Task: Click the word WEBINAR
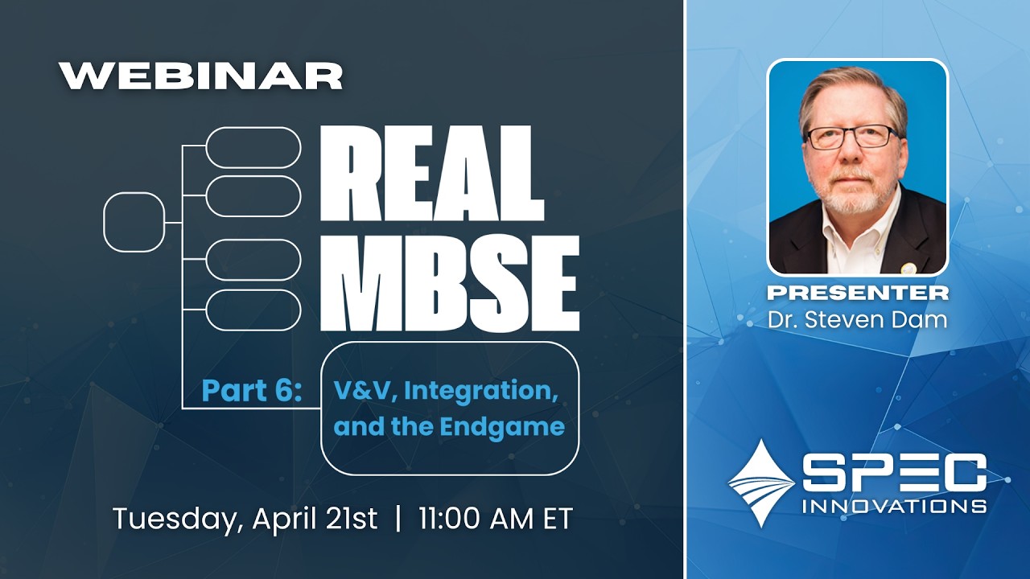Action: [201, 76]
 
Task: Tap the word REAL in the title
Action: [432, 178]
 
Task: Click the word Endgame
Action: [502, 426]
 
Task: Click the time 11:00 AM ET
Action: [495, 519]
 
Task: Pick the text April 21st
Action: [315, 519]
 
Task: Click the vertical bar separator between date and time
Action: [398, 519]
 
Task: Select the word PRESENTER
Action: [857, 292]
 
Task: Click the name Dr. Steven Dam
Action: [857, 318]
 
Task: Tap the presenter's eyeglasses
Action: [852, 137]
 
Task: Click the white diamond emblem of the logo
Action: [760, 482]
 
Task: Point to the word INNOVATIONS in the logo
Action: [894, 506]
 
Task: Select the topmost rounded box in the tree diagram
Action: [253, 147]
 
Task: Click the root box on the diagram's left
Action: [134, 222]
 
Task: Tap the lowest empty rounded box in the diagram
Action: [253, 310]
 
